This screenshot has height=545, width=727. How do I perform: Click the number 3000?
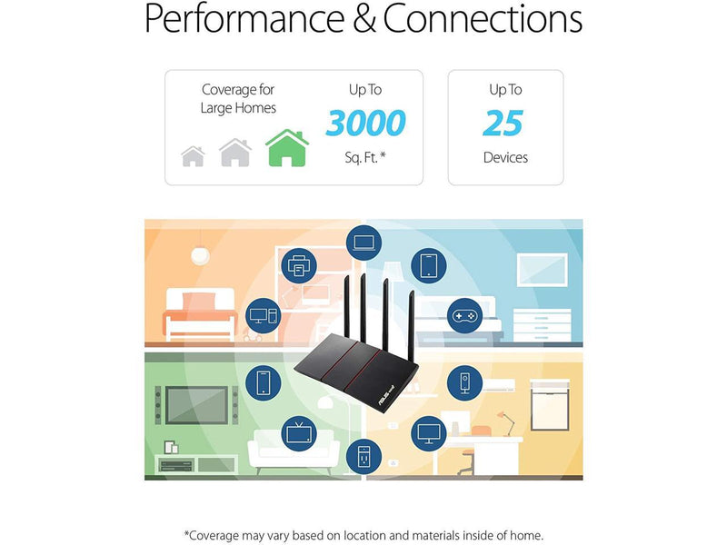[x=365, y=123]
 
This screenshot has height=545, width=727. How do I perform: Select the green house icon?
[x=286, y=148]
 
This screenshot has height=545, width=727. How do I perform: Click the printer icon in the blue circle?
[x=299, y=266]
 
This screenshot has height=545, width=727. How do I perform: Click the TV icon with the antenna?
[x=298, y=431]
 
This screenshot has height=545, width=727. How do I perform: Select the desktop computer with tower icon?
[x=263, y=315]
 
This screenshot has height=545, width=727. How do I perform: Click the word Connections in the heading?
[x=483, y=20]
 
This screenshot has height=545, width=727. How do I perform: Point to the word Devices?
[x=505, y=158]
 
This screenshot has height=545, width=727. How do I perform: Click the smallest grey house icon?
[x=193, y=156]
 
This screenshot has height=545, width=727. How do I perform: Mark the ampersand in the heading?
[x=364, y=20]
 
